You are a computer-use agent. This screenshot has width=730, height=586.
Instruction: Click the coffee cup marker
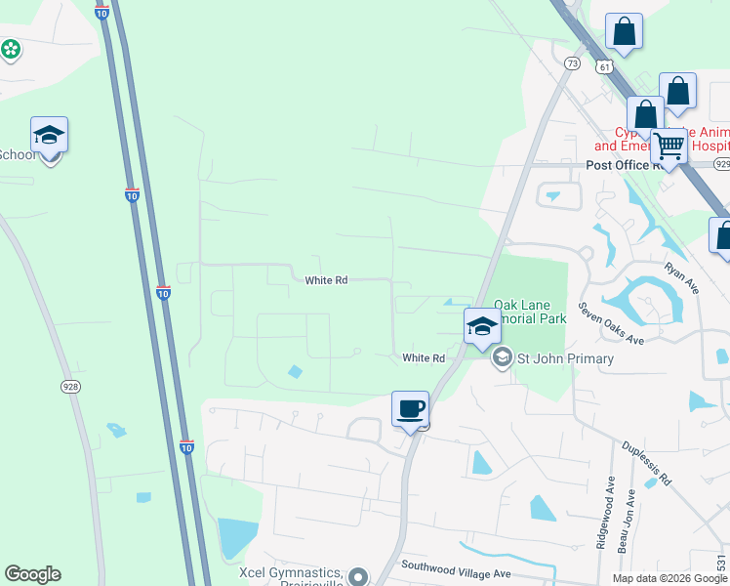tap(411, 408)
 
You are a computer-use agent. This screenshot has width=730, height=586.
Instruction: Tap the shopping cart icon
tap(669, 146)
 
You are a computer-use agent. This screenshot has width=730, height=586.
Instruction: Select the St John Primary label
tap(565, 358)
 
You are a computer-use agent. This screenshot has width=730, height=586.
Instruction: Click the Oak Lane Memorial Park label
tap(530, 312)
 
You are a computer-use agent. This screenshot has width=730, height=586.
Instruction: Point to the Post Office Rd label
tap(618, 165)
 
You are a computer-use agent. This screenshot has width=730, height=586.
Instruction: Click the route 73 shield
tap(572, 63)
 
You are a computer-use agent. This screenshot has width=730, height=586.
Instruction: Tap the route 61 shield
tap(605, 66)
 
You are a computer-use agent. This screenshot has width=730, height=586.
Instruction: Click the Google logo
tap(32, 574)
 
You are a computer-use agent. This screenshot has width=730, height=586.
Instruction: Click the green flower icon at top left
tap(11, 48)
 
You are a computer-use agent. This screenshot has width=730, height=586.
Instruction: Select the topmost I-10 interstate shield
tap(102, 12)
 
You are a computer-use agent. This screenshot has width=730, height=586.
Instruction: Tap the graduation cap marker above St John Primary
tap(482, 327)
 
